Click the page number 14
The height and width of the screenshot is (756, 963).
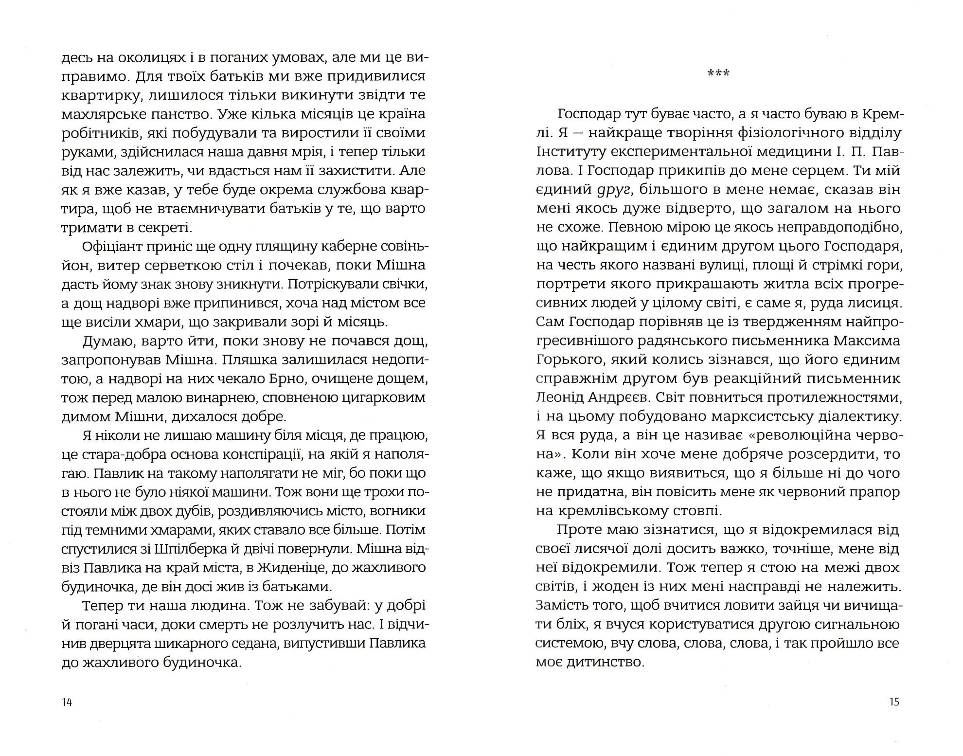(67, 702)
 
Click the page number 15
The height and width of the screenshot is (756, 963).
(894, 702)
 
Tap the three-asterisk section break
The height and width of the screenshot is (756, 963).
(718, 73)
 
